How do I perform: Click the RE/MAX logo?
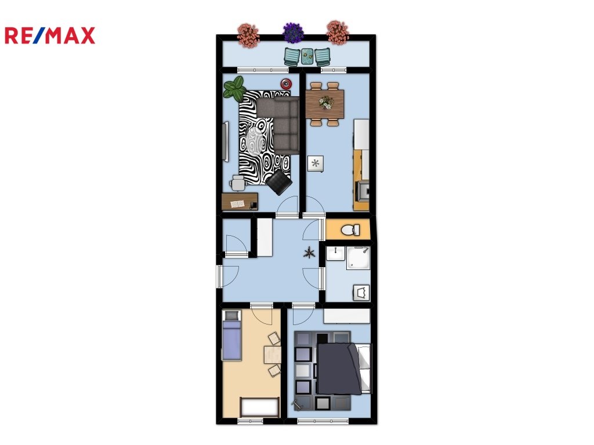50,35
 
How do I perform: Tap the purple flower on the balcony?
293,32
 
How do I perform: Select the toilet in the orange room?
350,229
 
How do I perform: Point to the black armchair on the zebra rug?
279,183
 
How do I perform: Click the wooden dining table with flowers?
325,104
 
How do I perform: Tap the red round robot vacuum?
286,83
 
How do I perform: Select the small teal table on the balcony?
307,56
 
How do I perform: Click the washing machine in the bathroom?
361,293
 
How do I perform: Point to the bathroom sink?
336,253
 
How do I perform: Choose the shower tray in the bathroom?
358,258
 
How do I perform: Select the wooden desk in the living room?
240,201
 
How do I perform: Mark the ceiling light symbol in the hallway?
310,253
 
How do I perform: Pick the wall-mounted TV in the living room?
226,141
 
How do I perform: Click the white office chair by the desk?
237,184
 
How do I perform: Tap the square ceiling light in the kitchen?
315,163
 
